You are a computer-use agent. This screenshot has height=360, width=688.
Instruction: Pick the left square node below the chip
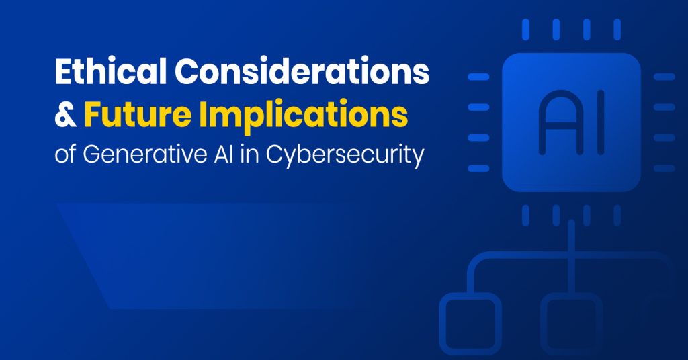(470, 322)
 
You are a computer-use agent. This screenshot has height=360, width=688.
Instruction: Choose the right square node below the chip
(571, 322)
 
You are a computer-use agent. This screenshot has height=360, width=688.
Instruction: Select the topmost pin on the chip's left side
(478, 77)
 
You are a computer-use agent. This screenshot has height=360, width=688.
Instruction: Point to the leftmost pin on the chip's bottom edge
(526, 214)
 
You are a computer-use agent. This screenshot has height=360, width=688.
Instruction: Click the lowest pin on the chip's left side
(478, 168)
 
